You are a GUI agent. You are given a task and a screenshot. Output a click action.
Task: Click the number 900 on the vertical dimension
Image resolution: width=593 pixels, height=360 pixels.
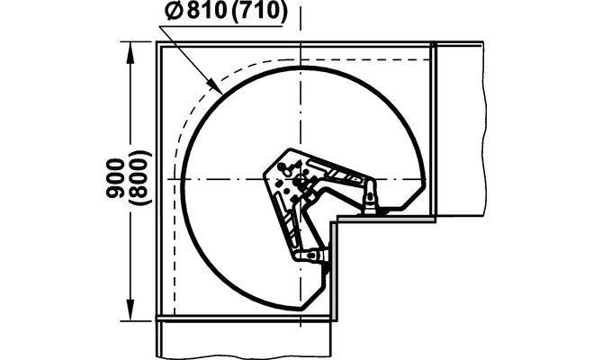[x=116, y=177]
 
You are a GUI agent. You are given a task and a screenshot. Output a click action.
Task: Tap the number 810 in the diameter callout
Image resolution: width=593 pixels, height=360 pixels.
[x=206, y=12]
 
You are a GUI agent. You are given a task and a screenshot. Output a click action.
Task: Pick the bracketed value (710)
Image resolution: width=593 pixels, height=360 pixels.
[x=258, y=12]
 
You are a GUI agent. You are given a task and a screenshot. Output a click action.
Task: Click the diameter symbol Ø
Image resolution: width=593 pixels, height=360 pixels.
[x=175, y=12]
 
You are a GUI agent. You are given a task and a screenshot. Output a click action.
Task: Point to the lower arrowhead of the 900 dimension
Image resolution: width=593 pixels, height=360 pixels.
[x=130, y=310]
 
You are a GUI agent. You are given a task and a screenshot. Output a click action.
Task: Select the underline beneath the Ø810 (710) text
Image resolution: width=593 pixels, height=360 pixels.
[x=221, y=26]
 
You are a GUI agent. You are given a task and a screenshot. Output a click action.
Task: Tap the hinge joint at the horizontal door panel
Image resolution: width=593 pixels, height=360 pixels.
[x=371, y=195]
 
